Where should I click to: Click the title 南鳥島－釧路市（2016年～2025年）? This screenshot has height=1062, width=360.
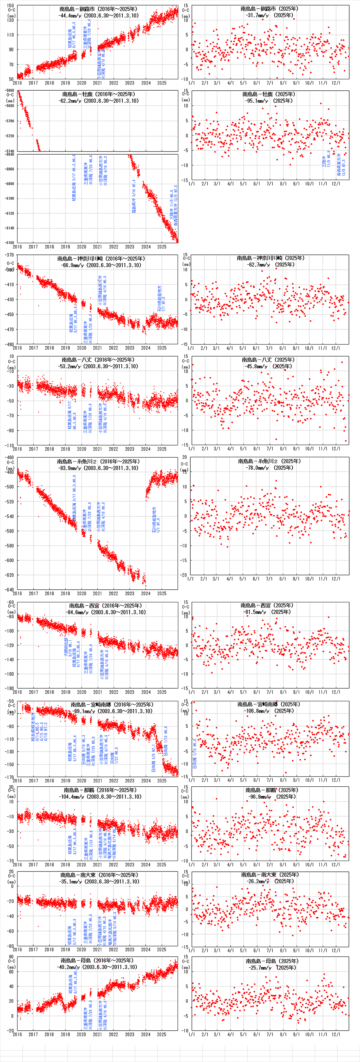click(98, 9)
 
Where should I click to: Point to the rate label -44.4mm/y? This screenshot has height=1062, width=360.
click(71, 16)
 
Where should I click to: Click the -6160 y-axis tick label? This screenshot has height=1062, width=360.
click(9, 242)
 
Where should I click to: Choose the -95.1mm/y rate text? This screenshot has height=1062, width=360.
click(256, 100)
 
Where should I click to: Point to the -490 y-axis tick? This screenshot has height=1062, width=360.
click(9, 344)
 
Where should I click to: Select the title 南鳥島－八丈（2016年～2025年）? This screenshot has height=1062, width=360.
click(98, 360)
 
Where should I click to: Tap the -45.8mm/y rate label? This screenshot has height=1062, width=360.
click(256, 366)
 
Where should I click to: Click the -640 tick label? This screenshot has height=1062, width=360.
click(9, 590)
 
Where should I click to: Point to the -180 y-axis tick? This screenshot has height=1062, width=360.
click(9, 688)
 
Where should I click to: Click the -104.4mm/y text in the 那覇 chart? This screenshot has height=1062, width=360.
click(72, 796)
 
